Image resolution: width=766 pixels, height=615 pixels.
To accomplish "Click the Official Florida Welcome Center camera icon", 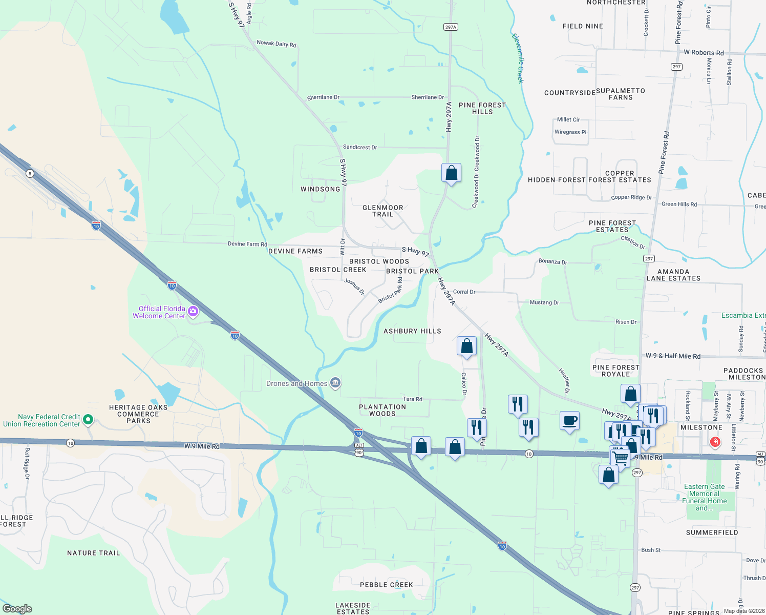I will click(x=193, y=311).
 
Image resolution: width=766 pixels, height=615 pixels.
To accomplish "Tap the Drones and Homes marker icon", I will click(x=335, y=382).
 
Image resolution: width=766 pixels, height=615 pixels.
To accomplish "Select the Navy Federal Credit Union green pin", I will click(x=88, y=420).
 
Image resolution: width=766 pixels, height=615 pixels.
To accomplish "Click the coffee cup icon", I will click(x=569, y=421).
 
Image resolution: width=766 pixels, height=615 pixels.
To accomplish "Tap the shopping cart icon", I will click(x=620, y=457).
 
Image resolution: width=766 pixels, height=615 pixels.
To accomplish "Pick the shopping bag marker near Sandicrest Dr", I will click(x=451, y=173).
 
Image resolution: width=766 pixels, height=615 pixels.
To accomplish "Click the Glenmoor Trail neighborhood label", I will click(x=382, y=211).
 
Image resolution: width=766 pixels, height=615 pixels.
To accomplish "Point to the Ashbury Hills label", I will click(x=412, y=331).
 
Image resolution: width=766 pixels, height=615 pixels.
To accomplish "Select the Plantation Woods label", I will click(x=382, y=410).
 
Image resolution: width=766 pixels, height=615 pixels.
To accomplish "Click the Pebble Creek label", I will click(x=386, y=585).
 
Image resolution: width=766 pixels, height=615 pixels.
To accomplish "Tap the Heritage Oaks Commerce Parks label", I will click(x=138, y=414).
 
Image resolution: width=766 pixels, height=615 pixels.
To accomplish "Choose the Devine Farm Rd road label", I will click(x=247, y=244).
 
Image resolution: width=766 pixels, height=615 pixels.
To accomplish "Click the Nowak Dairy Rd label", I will click(x=276, y=44).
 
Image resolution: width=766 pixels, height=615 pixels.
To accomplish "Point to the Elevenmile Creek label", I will click(x=518, y=58).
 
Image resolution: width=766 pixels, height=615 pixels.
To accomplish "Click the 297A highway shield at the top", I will click(x=450, y=27).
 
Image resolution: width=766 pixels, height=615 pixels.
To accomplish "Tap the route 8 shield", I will click(x=30, y=174).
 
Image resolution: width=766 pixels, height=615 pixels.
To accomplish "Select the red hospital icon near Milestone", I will click(x=715, y=442).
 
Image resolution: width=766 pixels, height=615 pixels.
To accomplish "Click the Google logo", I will click(x=17, y=609).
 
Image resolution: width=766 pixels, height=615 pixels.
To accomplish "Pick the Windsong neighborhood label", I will click(x=320, y=189).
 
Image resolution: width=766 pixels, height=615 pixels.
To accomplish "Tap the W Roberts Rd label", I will click(x=704, y=53).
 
